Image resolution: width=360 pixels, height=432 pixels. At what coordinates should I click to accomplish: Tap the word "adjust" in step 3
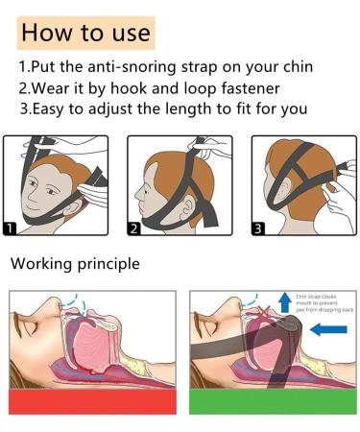(x=115, y=108)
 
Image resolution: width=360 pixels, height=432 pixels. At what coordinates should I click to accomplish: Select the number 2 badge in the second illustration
(x=134, y=228)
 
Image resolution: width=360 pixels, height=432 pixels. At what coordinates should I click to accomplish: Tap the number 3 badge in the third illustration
(x=259, y=228)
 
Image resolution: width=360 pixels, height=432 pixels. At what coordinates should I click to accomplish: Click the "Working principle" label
(x=74, y=263)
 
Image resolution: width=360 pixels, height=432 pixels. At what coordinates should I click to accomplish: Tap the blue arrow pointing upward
(x=285, y=302)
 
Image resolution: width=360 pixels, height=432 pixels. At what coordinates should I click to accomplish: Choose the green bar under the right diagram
(x=273, y=401)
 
